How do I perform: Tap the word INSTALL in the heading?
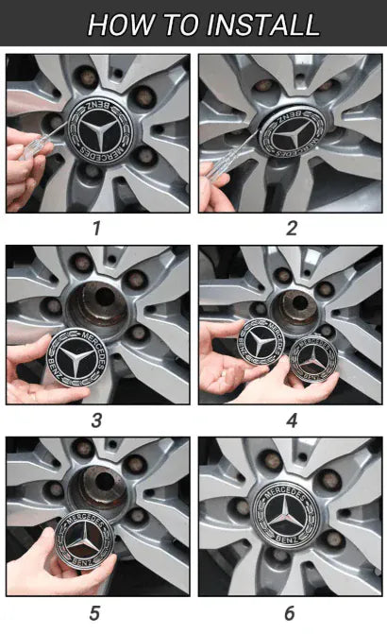tap(263, 25)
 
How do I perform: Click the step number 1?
tap(96, 229)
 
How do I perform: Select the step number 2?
tap(292, 229)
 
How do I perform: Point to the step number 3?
tap(96, 420)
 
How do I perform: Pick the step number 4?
tap(292, 420)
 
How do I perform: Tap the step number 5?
tap(94, 613)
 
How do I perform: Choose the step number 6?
tap(290, 613)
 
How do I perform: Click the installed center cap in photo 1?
tap(100, 132)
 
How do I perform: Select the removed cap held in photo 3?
tap(77, 358)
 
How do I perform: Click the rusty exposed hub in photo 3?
tap(99, 306)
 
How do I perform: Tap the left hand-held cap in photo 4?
tap(261, 342)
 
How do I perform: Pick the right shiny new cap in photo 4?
tap(314, 359)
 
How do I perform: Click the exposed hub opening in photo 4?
tap(297, 308)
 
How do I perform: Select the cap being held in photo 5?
tap(85, 540)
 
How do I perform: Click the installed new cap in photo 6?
tap(286, 516)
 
